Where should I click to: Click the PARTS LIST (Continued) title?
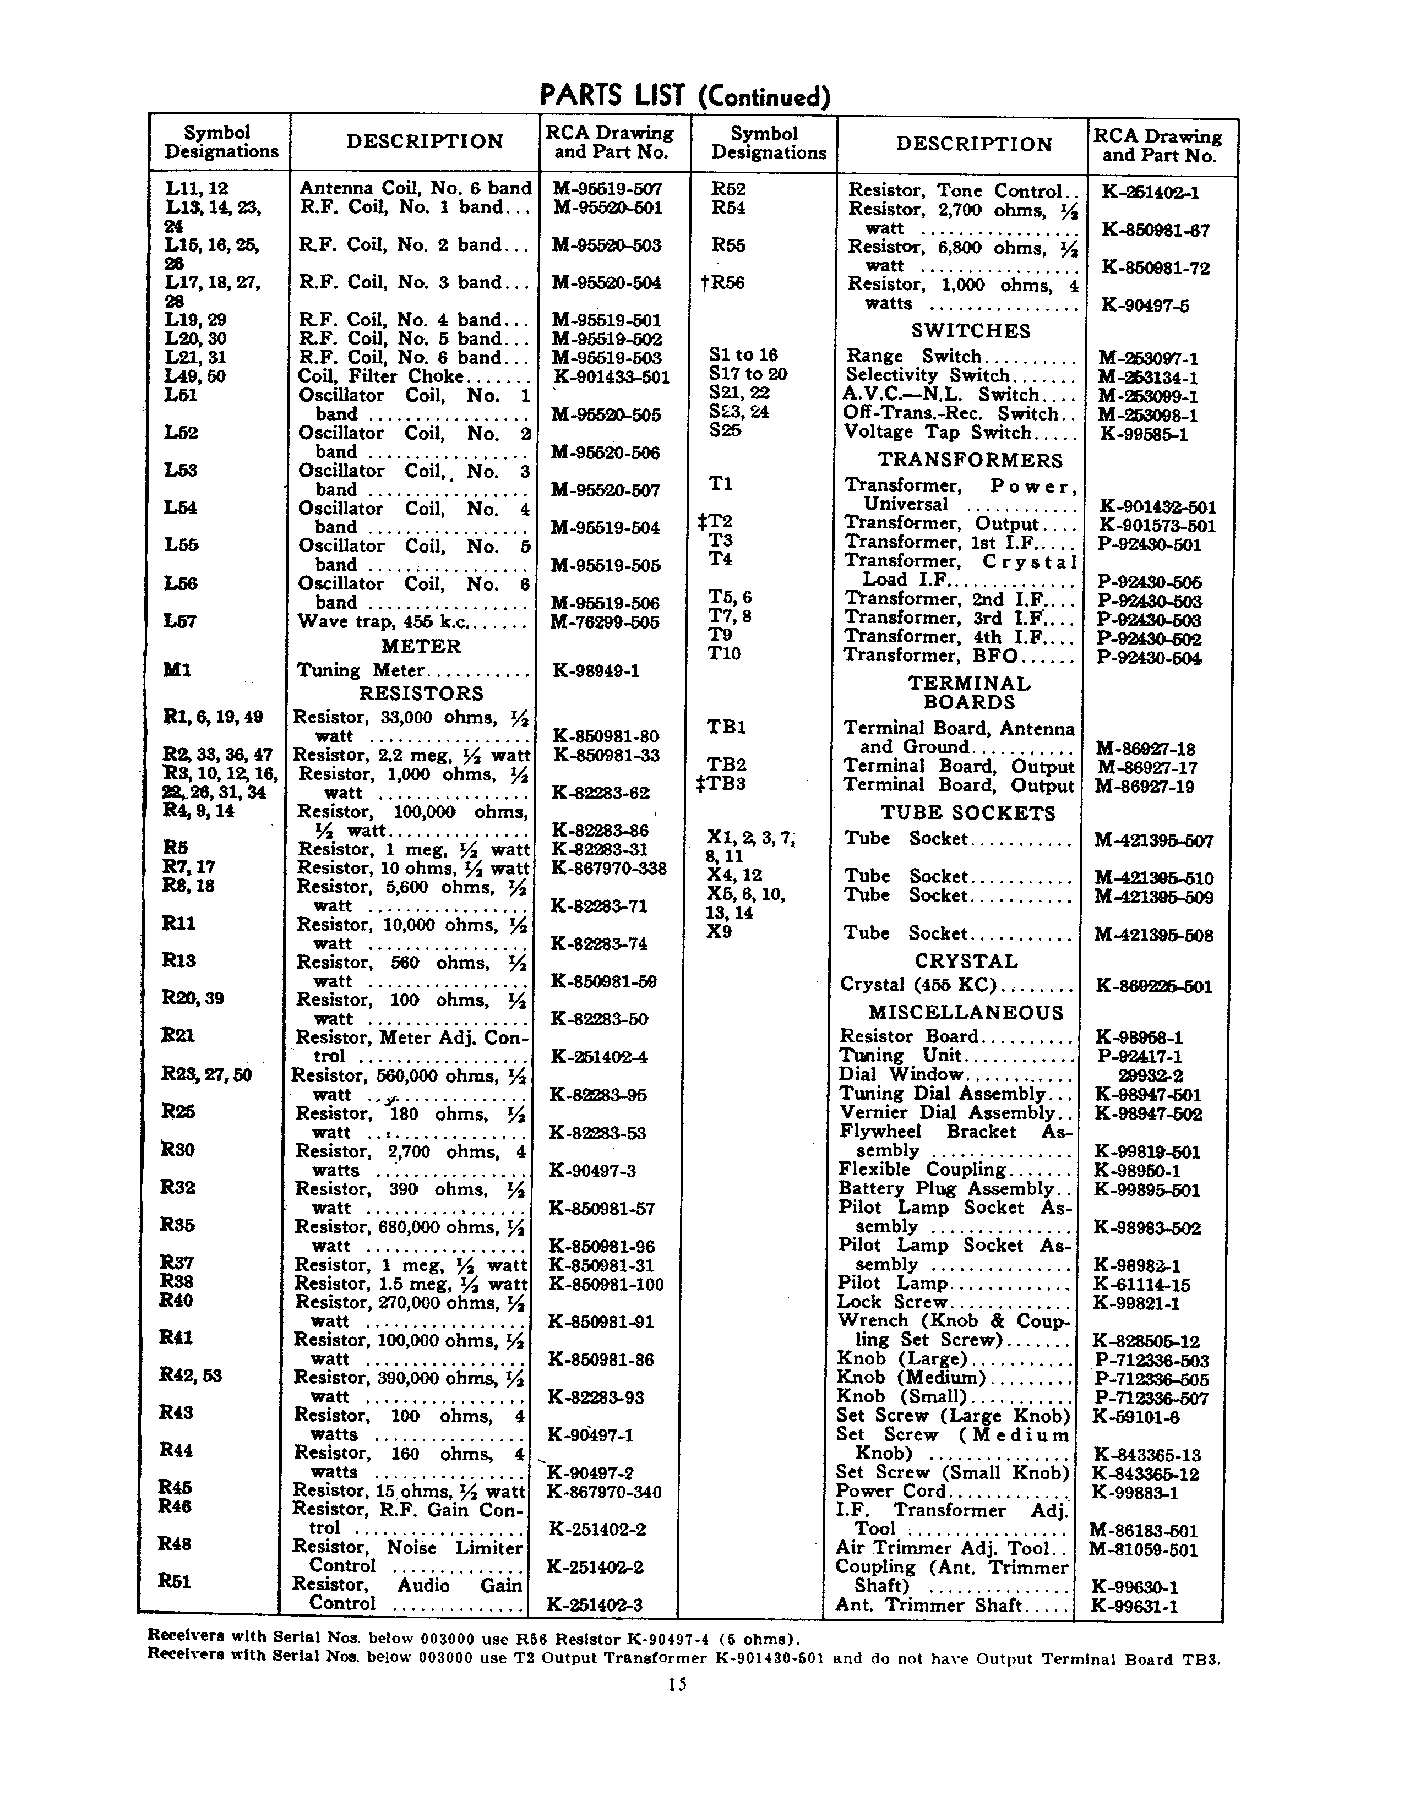click(x=684, y=96)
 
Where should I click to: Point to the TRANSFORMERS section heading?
click(x=970, y=461)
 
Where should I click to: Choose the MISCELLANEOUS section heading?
click(x=966, y=1013)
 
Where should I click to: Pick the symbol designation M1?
click(x=178, y=670)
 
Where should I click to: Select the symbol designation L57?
click(x=180, y=621)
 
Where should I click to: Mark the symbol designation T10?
click(x=724, y=654)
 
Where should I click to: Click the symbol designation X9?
click(x=719, y=931)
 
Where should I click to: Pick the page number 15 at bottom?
click(x=677, y=1684)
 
